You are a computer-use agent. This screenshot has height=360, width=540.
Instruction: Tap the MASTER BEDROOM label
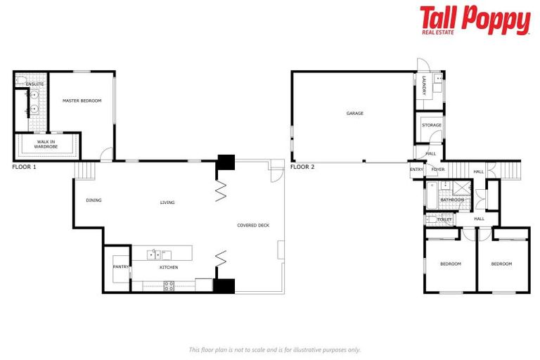82,101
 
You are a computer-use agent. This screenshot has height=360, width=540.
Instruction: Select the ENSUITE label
35,84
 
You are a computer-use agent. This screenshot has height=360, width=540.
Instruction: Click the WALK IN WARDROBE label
46,144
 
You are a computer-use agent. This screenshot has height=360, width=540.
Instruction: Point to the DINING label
94,200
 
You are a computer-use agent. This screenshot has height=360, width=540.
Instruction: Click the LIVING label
167,202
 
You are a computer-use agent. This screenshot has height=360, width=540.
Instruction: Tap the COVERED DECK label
253,225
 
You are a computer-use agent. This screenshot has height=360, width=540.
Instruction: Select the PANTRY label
120,266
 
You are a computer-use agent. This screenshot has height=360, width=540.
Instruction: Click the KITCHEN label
168,267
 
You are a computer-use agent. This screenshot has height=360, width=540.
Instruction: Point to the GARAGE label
355,112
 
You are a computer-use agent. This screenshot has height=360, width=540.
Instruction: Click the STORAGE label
432,125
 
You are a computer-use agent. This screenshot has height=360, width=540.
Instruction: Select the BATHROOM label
451,200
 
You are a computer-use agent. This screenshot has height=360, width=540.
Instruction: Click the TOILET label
444,219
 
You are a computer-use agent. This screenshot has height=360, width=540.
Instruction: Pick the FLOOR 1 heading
24,167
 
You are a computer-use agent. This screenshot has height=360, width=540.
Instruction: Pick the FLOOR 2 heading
302,167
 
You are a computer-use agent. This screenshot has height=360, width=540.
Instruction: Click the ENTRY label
417,169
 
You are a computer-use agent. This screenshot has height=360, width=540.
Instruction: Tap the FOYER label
437,169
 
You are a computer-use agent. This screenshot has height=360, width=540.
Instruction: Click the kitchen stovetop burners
169,285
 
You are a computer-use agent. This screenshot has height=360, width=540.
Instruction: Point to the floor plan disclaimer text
274,349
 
